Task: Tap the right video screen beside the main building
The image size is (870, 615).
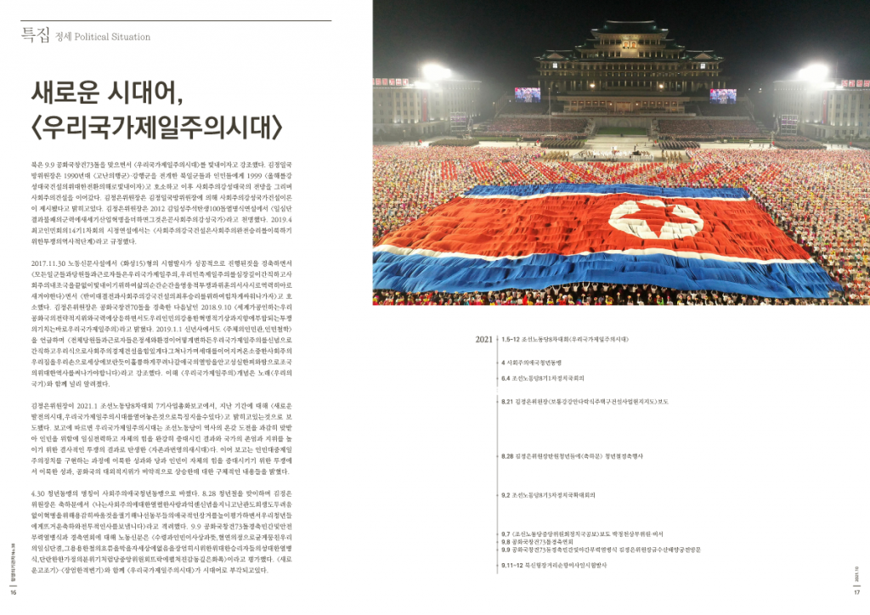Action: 723,96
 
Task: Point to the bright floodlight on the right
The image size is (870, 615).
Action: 814,73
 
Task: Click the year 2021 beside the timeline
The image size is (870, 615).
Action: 483,339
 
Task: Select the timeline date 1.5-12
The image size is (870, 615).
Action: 511,339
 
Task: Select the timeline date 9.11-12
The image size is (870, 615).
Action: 511,565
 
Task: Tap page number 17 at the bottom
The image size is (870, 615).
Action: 856,593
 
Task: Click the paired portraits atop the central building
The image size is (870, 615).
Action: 630,43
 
